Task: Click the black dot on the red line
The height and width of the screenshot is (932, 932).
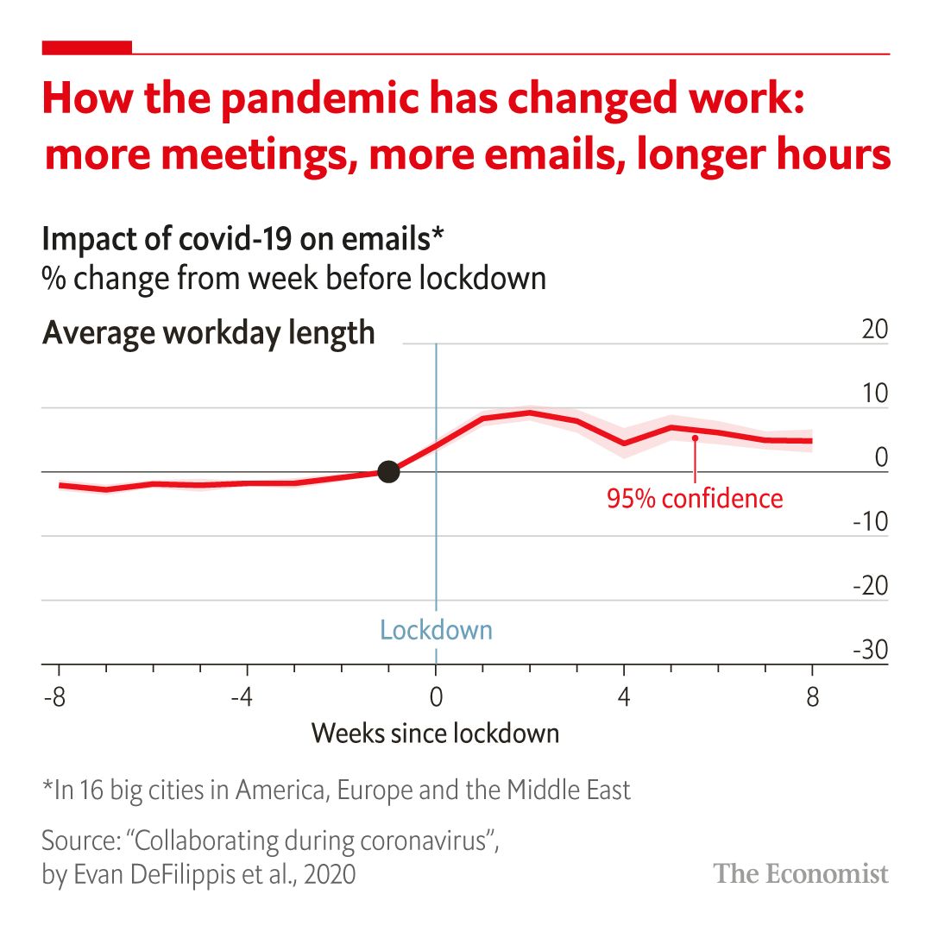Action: pyautogui.click(x=388, y=471)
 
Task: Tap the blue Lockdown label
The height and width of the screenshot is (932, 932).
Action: pyautogui.click(x=436, y=630)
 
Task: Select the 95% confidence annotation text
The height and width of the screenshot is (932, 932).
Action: pyautogui.click(x=695, y=499)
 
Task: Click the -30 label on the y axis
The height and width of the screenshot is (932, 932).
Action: pyautogui.click(x=870, y=651)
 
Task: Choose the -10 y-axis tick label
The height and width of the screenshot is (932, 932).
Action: pyautogui.click(x=870, y=523)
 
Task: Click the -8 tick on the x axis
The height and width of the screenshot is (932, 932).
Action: pyautogui.click(x=54, y=696)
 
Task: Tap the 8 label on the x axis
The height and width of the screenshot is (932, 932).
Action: pyautogui.click(x=812, y=696)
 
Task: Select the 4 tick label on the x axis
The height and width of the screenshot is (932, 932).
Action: pyautogui.click(x=624, y=696)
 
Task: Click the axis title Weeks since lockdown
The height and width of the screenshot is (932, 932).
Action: pyautogui.click(x=435, y=734)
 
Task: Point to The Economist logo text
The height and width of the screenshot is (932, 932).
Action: pyautogui.click(x=801, y=873)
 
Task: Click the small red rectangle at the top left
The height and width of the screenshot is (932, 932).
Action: pyautogui.click(x=86, y=47)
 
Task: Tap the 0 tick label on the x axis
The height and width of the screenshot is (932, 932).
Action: pyautogui.click(x=436, y=696)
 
